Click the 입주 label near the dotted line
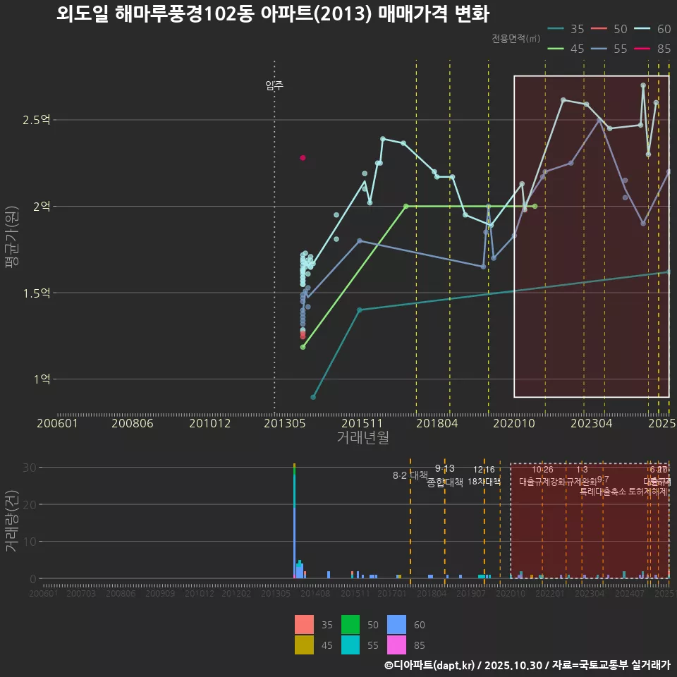click(274, 85)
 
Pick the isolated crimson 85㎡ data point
click(303, 158)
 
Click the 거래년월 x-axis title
click(362, 437)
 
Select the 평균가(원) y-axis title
click(12, 238)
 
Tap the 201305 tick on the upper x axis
click(284, 423)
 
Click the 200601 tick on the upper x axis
click(57, 423)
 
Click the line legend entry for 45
click(565, 49)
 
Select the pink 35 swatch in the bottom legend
click(303, 625)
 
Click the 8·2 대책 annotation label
click(410, 475)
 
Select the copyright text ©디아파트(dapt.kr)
click(430, 665)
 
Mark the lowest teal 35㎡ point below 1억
click(313, 397)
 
